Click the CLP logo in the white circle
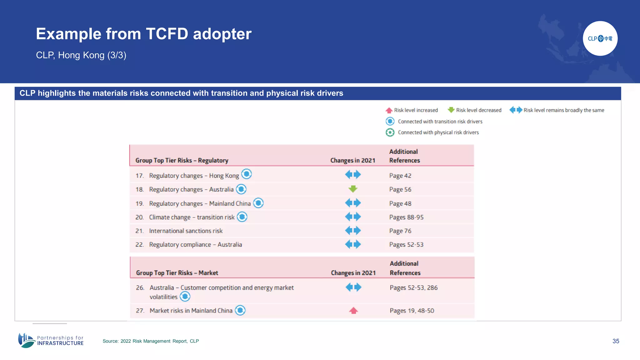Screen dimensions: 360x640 pyautogui.click(x=600, y=38)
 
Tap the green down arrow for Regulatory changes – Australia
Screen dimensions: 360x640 pyautogui.click(x=353, y=189)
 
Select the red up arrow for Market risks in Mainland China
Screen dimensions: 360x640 pyautogui.click(x=353, y=310)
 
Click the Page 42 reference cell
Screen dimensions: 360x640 pyautogui.click(x=400, y=176)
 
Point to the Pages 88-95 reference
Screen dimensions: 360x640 pyautogui.click(x=406, y=217)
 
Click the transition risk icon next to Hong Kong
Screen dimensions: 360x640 pyautogui.click(x=247, y=174)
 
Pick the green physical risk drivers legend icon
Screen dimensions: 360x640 pyautogui.click(x=390, y=132)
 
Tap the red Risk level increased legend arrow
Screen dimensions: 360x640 pyautogui.click(x=389, y=110)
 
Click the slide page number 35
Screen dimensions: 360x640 pyautogui.click(x=616, y=341)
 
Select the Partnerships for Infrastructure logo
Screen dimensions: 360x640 pyautogui.click(x=51, y=340)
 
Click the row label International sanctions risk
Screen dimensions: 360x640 pyautogui.click(x=186, y=231)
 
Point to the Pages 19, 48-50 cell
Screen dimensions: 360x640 pyautogui.click(x=412, y=311)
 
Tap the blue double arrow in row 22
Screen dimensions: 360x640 pyautogui.click(x=353, y=244)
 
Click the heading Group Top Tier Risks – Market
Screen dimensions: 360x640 pyautogui.click(x=177, y=273)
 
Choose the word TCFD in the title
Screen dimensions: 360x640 pyautogui.click(x=167, y=34)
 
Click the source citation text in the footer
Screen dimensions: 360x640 pyautogui.click(x=151, y=341)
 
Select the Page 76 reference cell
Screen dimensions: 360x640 pyautogui.click(x=400, y=231)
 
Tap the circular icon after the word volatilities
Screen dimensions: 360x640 pyautogui.click(x=185, y=297)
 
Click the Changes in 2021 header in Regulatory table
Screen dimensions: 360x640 pyautogui.click(x=352, y=160)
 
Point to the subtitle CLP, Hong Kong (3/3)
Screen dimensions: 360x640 pyautogui.click(x=81, y=55)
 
